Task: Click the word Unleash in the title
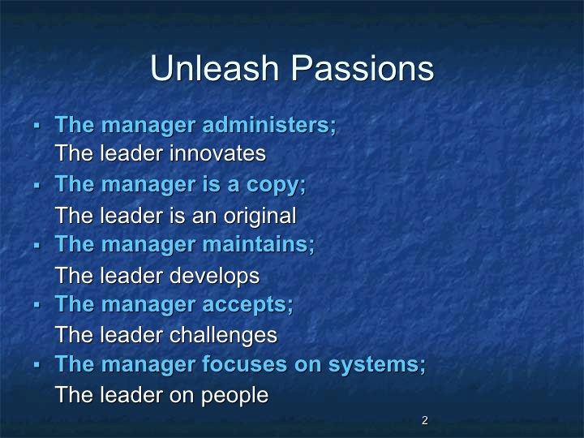click(x=214, y=68)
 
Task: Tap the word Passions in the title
click(x=363, y=68)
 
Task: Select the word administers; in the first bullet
click(x=269, y=125)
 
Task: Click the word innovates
click(x=218, y=153)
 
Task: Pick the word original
click(x=260, y=216)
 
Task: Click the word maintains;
click(x=259, y=245)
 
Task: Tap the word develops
click(x=214, y=276)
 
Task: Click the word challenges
click(x=224, y=335)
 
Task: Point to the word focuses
click(x=245, y=364)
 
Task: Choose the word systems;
click(x=377, y=365)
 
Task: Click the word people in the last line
click(x=234, y=396)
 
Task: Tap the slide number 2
click(x=424, y=420)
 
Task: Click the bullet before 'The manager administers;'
click(x=36, y=125)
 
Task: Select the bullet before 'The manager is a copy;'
click(x=36, y=185)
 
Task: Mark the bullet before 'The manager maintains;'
click(x=36, y=245)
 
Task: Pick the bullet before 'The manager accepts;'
click(x=36, y=305)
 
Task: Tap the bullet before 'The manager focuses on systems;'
click(x=36, y=365)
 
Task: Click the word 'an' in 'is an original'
click(x=204, y=217)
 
